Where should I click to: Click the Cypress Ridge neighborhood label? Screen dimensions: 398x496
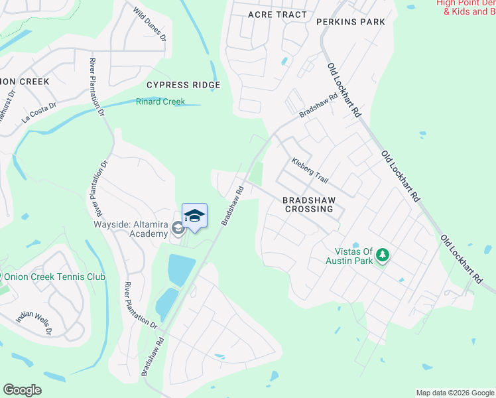(x=183, y=86)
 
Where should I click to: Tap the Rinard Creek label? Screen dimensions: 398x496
(x=160, y=102)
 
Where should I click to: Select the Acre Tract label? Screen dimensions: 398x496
(x=277, y=15)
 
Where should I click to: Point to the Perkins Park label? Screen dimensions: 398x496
(x=351, y=22)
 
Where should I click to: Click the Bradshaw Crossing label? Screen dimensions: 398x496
(x=308, y=204)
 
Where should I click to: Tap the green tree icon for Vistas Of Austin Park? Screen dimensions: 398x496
(x=382, y=255)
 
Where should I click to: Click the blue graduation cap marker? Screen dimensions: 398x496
(x=194, y=216)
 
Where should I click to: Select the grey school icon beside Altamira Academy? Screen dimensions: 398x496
(x=177, y=229)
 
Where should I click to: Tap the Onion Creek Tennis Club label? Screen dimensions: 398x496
(x=55, y=277)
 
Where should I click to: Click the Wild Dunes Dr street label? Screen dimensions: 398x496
(x=149, y=24)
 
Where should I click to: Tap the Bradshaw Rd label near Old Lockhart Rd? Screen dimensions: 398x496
(x=318, y=105)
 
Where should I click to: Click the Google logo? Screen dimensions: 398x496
(x=22, y=390)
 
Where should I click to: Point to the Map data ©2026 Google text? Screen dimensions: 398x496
(x=455, y=393)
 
